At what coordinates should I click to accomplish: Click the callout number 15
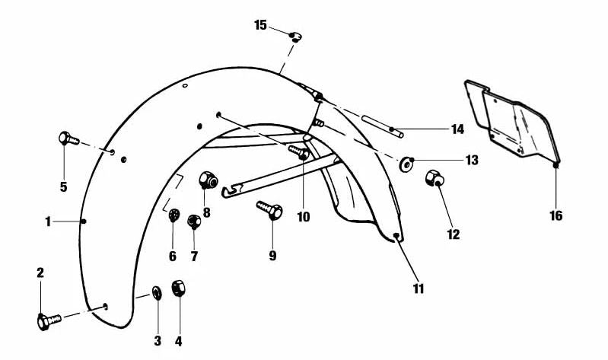click(x=260, y=25)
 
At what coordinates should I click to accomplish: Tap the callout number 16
click(x=556, y=215)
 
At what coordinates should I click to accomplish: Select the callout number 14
click(x=457, y=129)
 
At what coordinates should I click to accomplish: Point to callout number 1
click(x=47, y=221)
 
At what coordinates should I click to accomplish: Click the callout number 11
click(x=419, y=288)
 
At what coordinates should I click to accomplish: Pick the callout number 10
click(x=304, y=216)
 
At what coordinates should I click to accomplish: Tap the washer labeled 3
click(x=156, y=292)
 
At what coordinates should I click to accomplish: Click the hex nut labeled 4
click(x=180, y=290)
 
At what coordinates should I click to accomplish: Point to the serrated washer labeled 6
click(x=173, y=216)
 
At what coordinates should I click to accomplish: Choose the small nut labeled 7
click(x=193, y=221)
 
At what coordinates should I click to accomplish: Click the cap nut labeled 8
click(x=206, y=181)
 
